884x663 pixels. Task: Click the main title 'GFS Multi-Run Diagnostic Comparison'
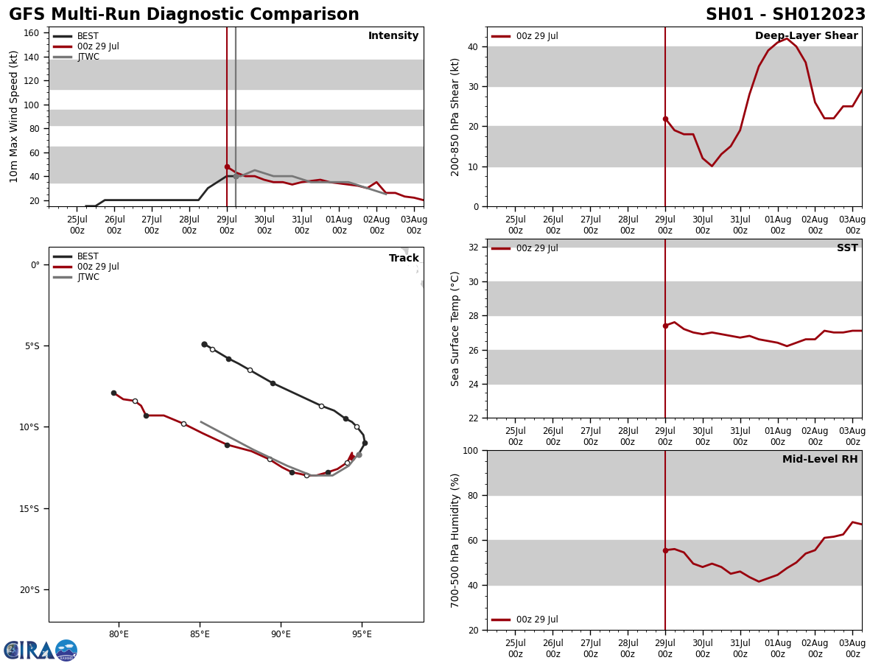pyautogui.click(x=184, y=15)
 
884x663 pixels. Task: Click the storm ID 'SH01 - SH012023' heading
pyautogui.click(x=785, y=15)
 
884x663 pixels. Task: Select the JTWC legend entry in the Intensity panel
pyautogui.click(x=87, y=57)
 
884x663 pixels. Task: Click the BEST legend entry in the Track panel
pyautogui.click(x=87, y=256)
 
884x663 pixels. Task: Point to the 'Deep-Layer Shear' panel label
pyautogui.click(x=806, y=36)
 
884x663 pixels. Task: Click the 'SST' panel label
pyautogui.click(x=846, y=248)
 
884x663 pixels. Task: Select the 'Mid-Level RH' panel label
pyautogui.click(x=819, y=460)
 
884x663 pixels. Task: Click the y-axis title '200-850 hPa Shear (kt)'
pyautogui.click(x=455, y=116)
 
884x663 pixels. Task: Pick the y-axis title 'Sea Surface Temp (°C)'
pyautogui.click(x=455, y=329)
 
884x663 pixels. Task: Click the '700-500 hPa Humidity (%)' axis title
pyautogui.click(x=455, y=540)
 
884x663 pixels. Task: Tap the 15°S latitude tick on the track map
pyautogui.click(x=30, y=508)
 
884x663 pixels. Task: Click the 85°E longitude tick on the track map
pyautogui.click(x=200, y=634)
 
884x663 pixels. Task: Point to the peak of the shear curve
pyautogui.click(x=787, y=38)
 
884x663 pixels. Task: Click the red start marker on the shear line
pyautogui.click(x=665, y=119)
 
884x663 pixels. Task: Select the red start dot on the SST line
pyautogui.click(x=665, y=326)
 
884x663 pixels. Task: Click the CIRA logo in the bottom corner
pyautogui.click(x=41, y=650)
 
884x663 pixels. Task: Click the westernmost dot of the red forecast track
pyautogui.click(x=113, y=393)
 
